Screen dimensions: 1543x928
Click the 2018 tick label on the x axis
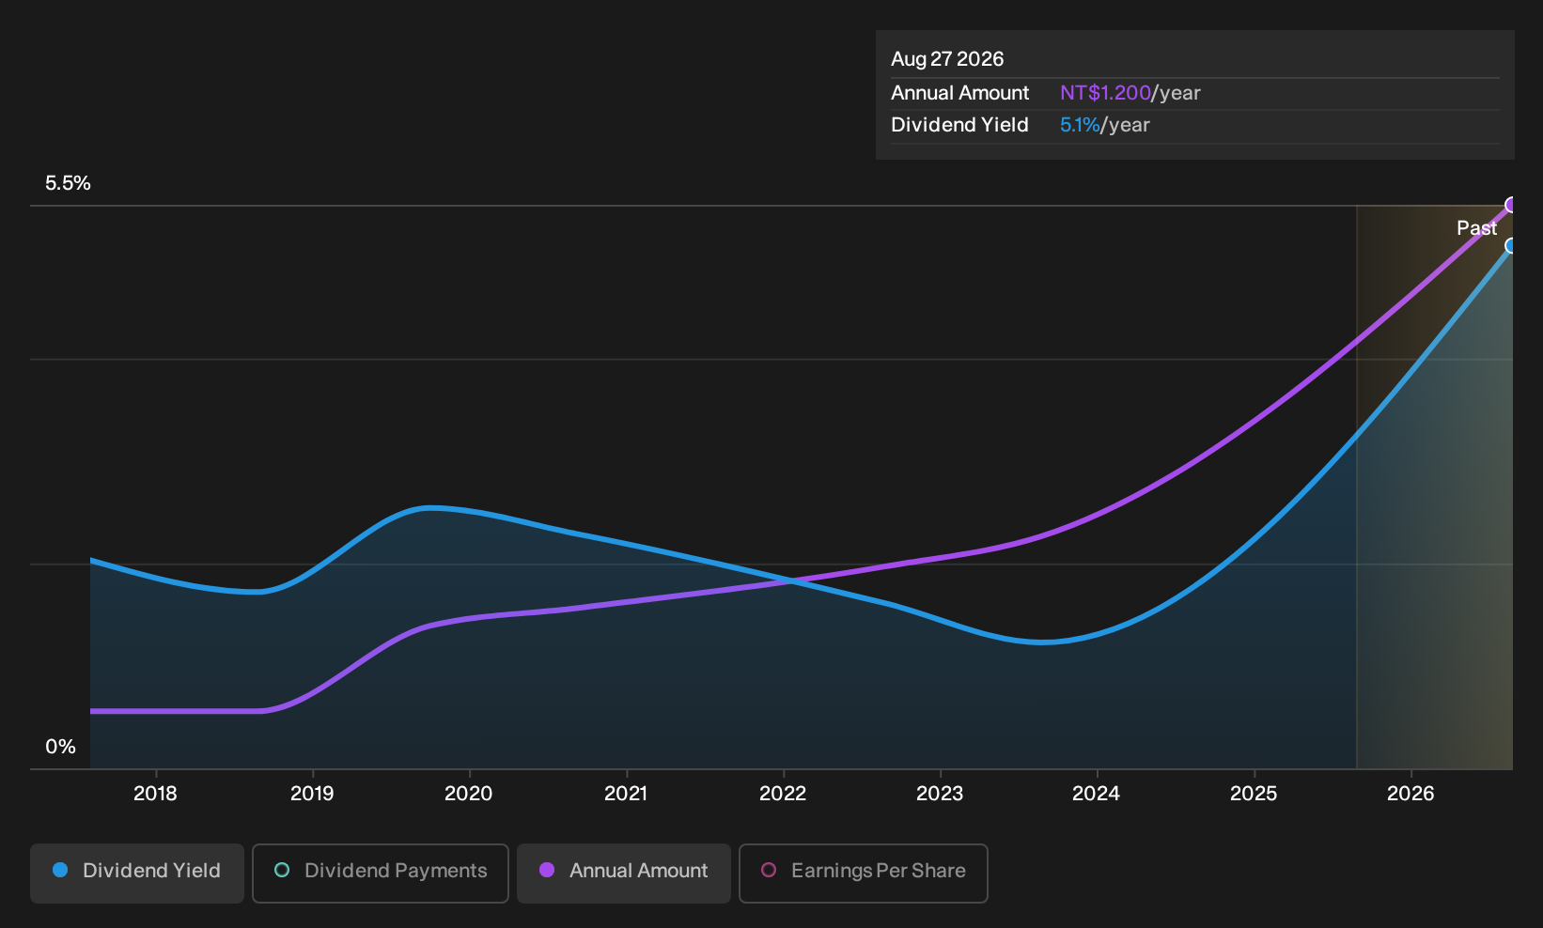click(155, 794)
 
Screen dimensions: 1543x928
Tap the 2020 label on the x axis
click(468, 794)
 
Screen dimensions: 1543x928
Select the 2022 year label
click(783, 794)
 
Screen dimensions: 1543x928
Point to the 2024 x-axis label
click(1096, 794)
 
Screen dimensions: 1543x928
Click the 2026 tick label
click(1411, 794)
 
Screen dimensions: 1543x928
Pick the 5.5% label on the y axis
click(68, 183)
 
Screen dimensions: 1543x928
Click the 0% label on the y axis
click(61, 747)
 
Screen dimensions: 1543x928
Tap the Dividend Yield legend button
click(137, 873)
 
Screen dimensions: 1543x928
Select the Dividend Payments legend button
click(381, 873)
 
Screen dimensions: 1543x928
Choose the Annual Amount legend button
click(623, 873)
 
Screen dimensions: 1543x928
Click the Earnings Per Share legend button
click(863, 873)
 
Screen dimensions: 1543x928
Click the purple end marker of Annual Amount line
click(1510, 205)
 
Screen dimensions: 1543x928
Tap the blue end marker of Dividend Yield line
click(1510, 246)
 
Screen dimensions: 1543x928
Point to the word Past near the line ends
click(1476, 228)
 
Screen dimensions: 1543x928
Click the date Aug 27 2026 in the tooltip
click(947, 59)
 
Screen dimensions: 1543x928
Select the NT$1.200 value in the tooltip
click(1106, 93)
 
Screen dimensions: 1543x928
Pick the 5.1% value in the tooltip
click(1080, 125)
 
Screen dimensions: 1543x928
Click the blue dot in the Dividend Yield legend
click(61, 870)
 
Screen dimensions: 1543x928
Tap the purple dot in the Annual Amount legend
click(547, 870)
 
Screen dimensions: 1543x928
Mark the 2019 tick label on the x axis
click(312, 794)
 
